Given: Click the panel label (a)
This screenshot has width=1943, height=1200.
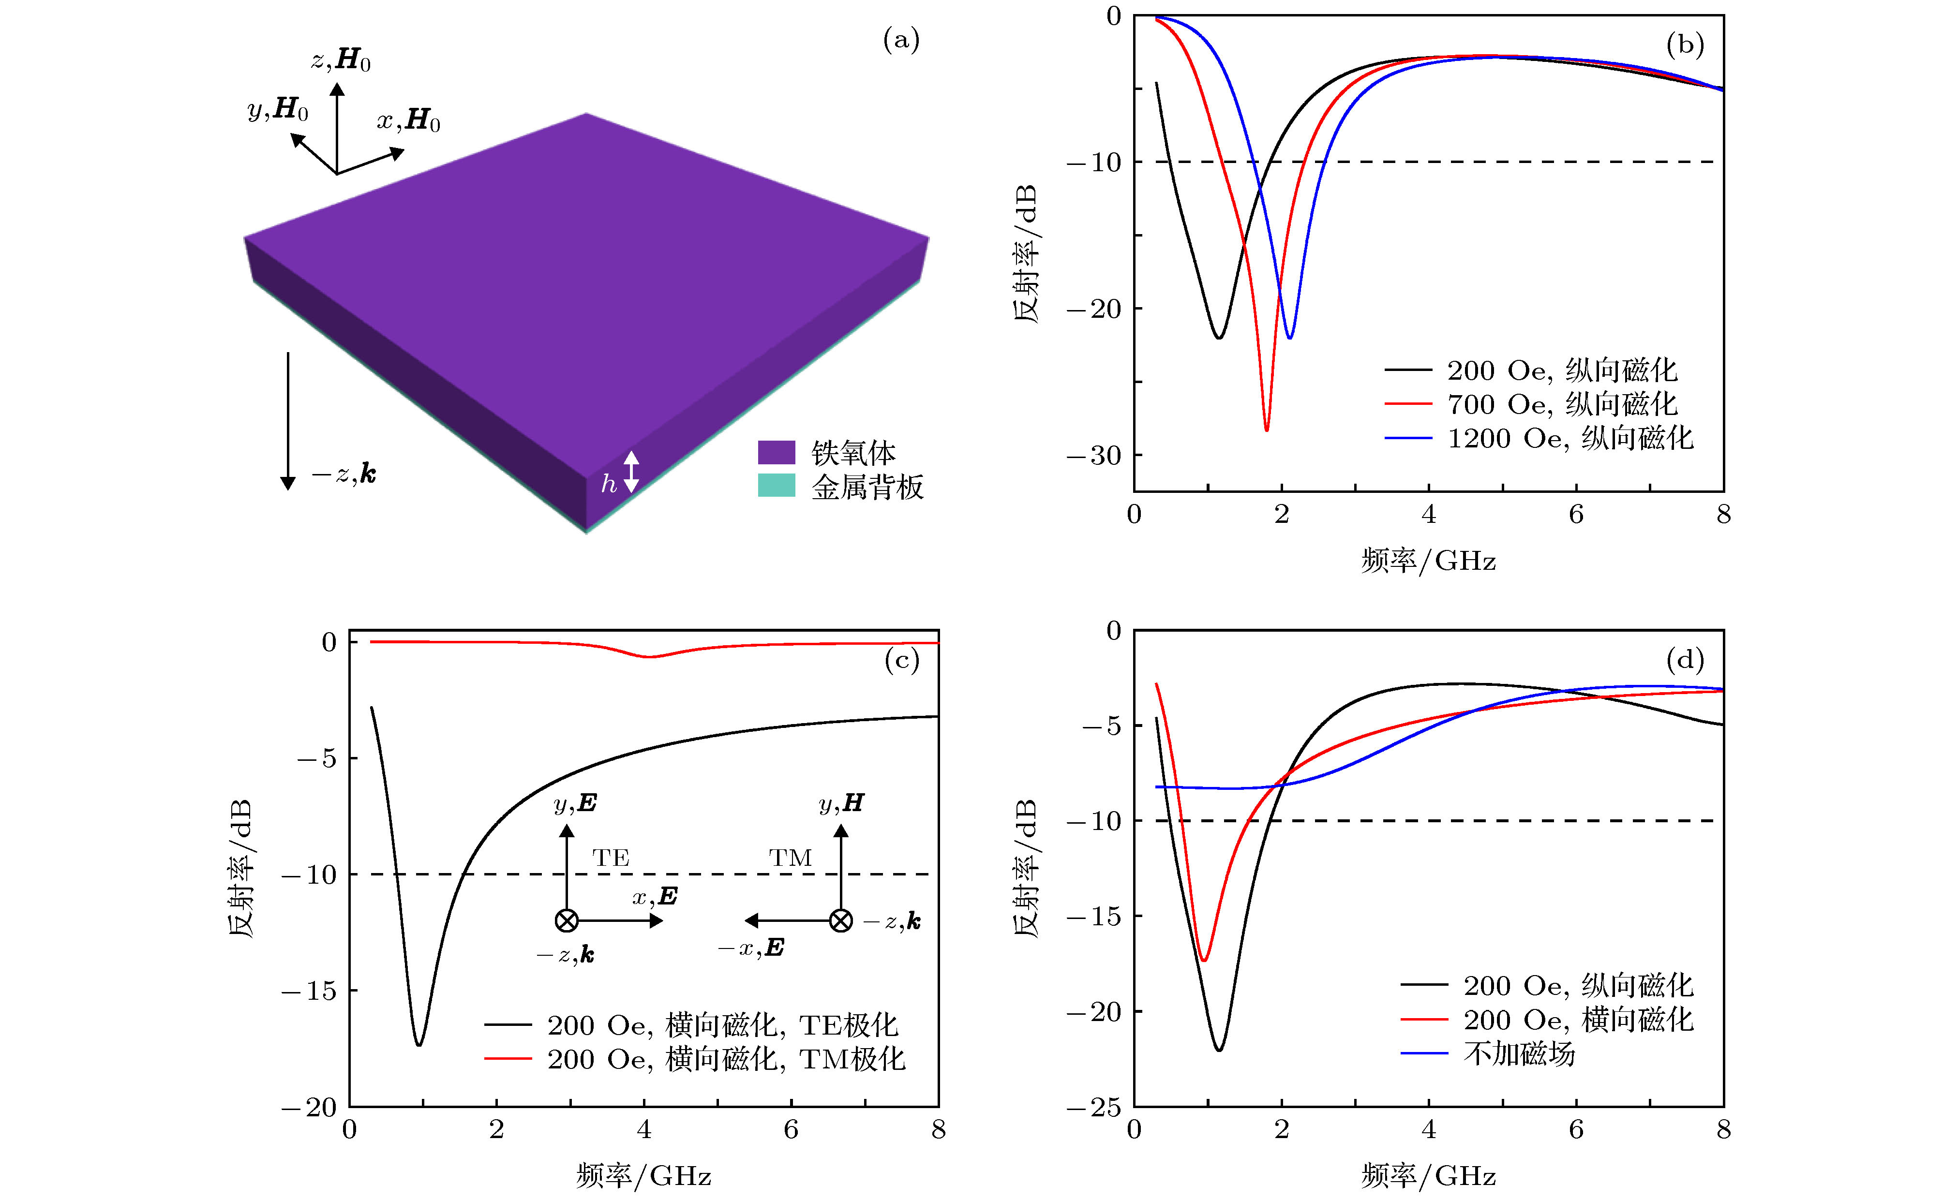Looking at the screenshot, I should tap(901, 40).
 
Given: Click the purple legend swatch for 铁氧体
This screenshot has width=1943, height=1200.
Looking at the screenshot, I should tap(776, 452).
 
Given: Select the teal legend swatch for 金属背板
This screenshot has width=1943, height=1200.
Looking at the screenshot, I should tap(776, 486).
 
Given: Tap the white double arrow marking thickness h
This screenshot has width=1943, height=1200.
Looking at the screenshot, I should tap(631, 472).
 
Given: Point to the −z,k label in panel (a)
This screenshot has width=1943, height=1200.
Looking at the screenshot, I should tap(344, 474).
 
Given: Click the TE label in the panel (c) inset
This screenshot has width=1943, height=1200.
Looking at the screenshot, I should tap(611, 858).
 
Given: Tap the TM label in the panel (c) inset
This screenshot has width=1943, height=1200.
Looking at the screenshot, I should tap(790, 858).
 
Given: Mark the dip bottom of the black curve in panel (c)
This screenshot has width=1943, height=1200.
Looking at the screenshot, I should tap(419, 1044).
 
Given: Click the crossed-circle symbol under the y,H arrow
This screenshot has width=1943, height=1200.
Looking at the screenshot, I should tap(840, 920).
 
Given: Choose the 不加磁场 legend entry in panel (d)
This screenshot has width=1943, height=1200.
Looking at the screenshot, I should tap(1518, 1054).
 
